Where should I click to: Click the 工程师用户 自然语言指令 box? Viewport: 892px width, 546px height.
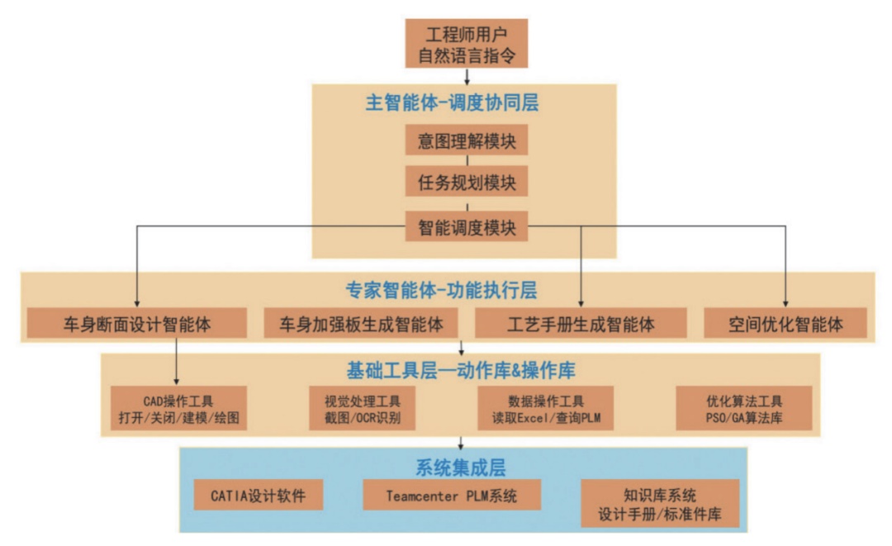[467, 43]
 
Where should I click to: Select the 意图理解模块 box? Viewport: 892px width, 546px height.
[467, 140]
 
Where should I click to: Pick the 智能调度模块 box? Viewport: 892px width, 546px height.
[467, 226]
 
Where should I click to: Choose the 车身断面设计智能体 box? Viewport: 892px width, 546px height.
[137, 324]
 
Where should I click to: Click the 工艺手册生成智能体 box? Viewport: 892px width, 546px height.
[581, 324]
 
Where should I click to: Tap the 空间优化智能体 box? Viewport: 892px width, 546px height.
[785, 324]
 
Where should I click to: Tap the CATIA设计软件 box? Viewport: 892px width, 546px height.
[258, 496]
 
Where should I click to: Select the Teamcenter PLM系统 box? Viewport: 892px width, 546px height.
[451, 496]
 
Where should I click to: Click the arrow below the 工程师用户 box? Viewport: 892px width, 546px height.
[467, 76]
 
